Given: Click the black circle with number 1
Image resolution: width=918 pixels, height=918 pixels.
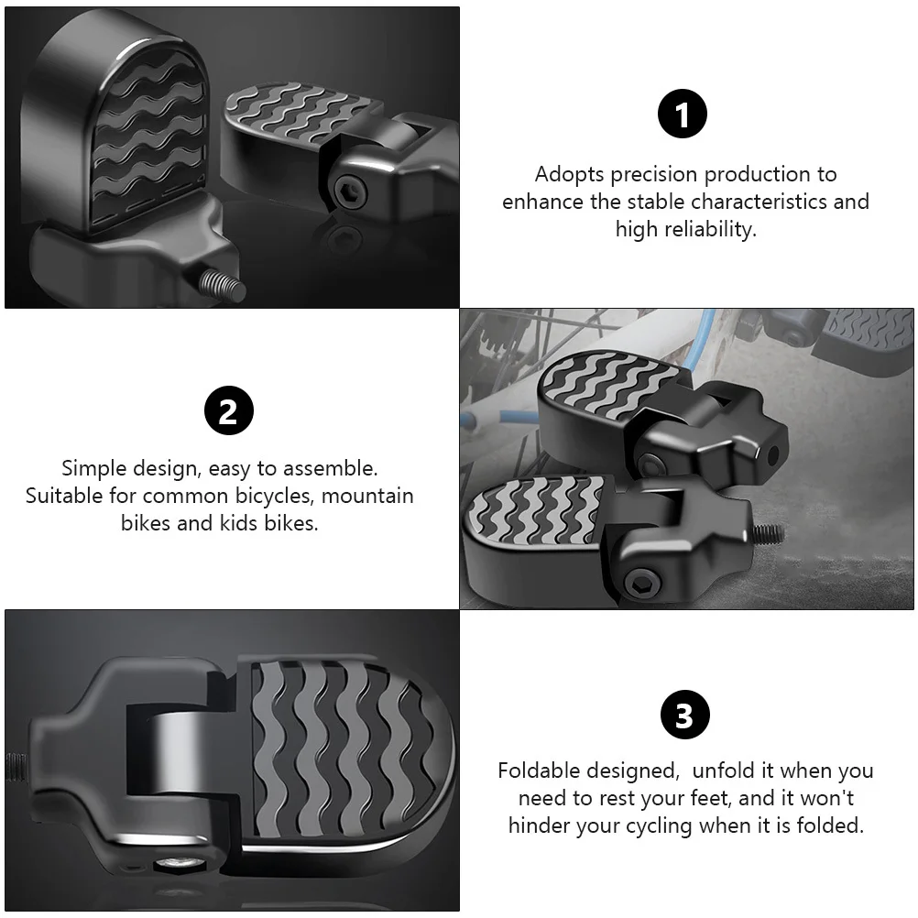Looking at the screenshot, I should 683,115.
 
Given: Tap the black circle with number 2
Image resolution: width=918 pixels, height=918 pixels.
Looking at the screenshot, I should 227,411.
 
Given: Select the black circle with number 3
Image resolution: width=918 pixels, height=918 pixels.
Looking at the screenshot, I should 684,716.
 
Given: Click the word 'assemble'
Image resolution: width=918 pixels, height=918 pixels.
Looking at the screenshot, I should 330,469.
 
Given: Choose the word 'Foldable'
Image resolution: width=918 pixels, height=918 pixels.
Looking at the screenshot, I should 544,771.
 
